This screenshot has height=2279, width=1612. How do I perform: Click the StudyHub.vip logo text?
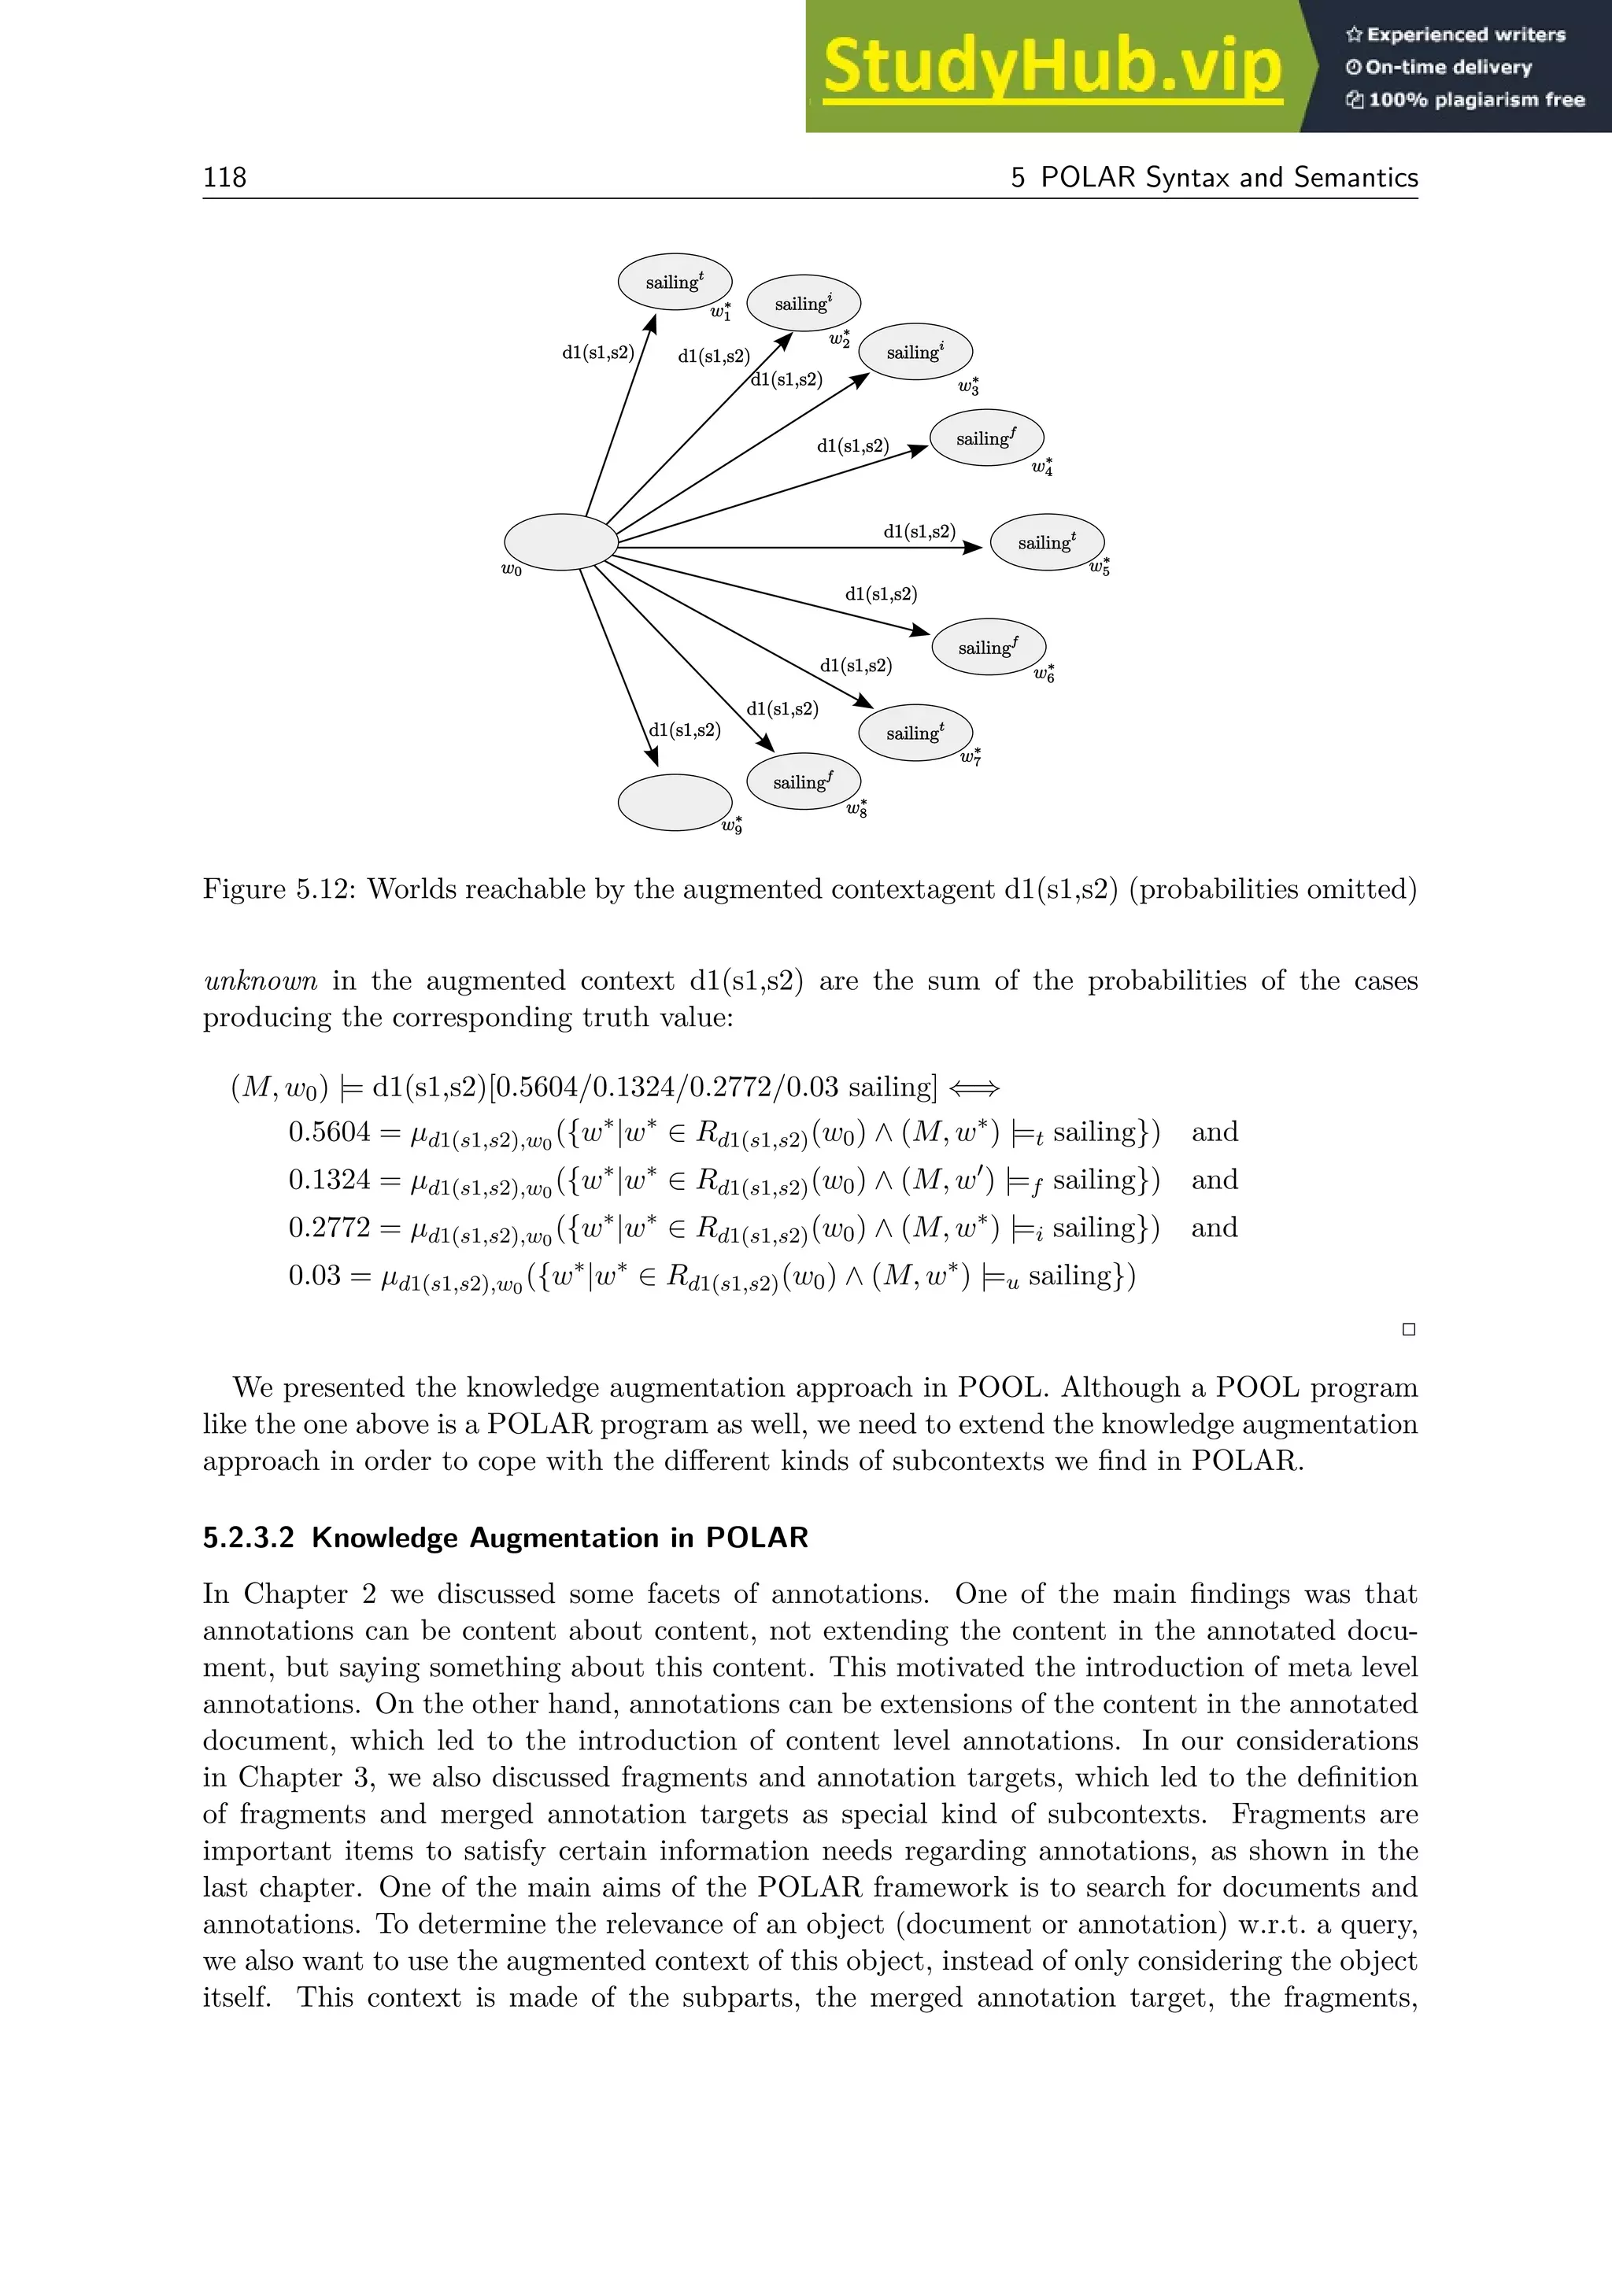coord(1052,68)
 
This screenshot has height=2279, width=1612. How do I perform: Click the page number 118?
coord(224,177)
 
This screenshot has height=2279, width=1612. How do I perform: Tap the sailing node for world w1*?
coord(675,282)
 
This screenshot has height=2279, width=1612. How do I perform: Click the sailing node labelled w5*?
coord(1047,542)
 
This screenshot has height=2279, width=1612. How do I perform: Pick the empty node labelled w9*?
coord(675,802)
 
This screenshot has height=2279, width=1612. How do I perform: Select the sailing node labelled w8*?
coord(803,782)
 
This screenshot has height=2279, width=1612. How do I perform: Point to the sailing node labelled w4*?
coord(987,438)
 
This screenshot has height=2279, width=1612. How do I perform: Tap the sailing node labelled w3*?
coord(915,352)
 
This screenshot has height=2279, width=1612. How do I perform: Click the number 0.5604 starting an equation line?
coord(328,1132)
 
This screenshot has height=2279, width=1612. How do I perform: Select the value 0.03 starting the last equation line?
coord(314,1276)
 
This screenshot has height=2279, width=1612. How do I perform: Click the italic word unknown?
coord(260,981)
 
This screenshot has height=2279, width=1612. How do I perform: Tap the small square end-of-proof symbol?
coord(1407,1329)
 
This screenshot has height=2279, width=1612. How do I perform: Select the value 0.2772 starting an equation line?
coord(328,1228)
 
